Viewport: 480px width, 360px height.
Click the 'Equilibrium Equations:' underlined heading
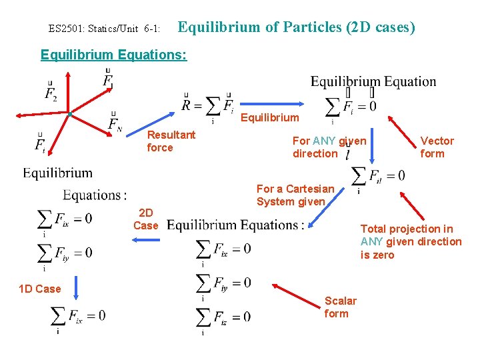(x=114, y=55)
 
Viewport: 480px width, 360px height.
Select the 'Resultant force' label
(x=171, y=141)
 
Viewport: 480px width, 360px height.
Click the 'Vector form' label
(x=437, y=147)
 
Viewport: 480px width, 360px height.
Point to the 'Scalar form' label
(x=340, y=307)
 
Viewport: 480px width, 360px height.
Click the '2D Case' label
(x=146, y=219)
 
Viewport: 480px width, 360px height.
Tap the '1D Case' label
(x=39, y=289)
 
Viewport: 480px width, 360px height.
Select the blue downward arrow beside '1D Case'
(x=76, y=289)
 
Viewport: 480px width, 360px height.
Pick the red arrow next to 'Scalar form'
(x=297, y=293)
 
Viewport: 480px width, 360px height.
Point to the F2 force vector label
(x=51, y=93)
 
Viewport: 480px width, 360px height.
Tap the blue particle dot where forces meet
(x=69, y=115)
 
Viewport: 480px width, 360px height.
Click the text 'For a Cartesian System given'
(x=295, y=195)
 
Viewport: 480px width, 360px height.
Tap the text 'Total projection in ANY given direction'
(x=411, y=241)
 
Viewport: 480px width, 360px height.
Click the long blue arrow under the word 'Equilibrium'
(x=270, y=104)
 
